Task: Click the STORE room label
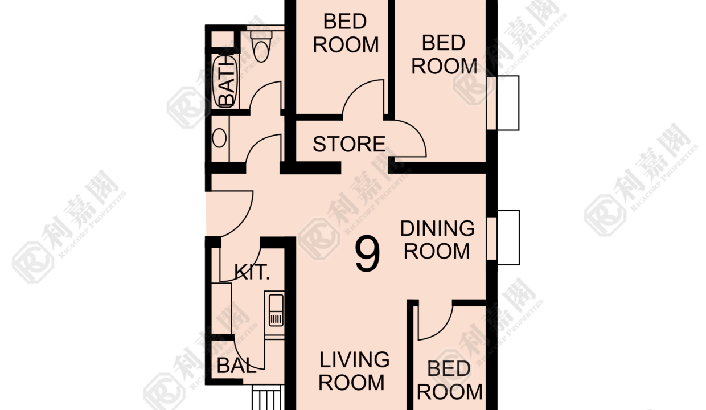pos(349,144)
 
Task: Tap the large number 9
pos(367,254)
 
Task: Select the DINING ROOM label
pos(437,240)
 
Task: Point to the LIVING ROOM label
pos(354,371)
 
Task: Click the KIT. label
pos(252,272)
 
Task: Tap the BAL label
pos(236,366)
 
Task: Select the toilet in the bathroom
pos(261,46)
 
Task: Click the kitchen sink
pos(276,310)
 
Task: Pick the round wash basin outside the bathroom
pos(219,138)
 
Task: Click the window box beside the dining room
pos(503,237)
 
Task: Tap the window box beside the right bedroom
pos(503,103)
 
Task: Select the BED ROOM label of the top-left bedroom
pos(346,33)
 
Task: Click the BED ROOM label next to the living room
pos(449,380)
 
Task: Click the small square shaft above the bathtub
pos(222,39)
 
